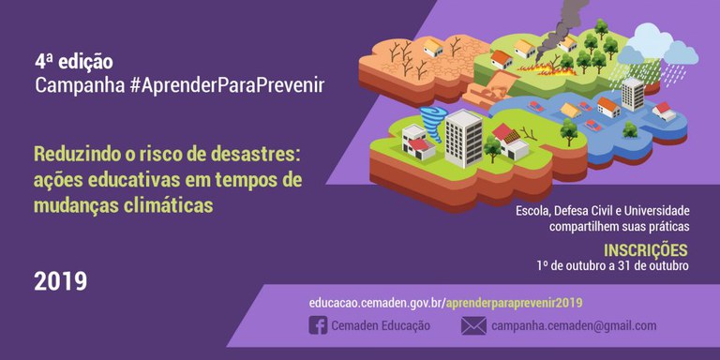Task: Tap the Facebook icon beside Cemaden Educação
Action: (x=318, y=325)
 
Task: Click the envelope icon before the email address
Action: (x=473, y=325)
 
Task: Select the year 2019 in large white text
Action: (x=61, y=280)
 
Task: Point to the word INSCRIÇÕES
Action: (x=646, y=250)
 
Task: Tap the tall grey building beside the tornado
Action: (x=463, y=137)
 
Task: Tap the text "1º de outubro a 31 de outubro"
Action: (x=612, y=265)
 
